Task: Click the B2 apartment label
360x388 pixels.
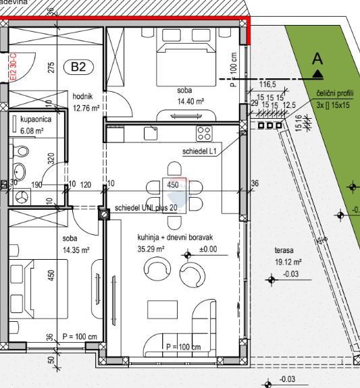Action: [78, 67]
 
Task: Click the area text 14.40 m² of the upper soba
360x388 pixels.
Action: [190, 101]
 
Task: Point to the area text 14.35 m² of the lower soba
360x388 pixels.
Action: [76, 250]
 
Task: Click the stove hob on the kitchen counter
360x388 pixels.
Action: [204, 132]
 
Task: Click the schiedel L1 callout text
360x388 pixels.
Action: [199, 152]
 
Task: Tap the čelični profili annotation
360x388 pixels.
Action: [334, 99]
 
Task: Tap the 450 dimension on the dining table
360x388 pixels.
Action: [173, 185]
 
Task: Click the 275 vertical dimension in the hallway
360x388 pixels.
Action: [51, 67]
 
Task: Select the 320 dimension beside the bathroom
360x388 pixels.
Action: [51, 159]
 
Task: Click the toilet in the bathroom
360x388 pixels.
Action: [20, 171]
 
